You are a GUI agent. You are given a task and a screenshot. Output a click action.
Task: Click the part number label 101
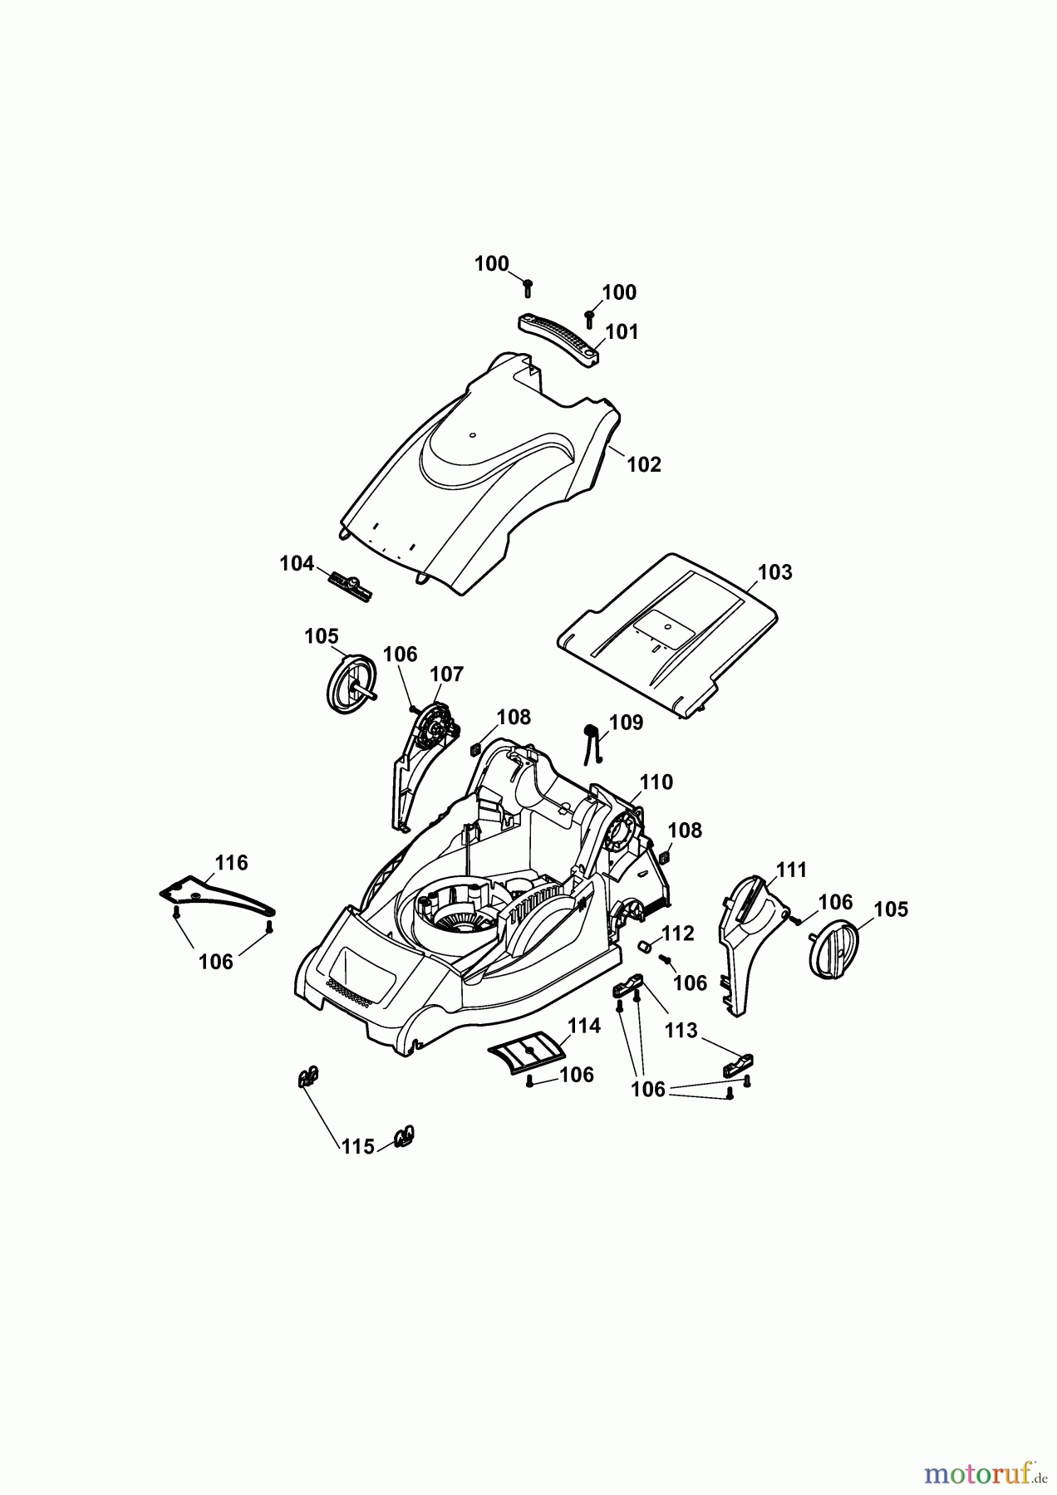(622, 332)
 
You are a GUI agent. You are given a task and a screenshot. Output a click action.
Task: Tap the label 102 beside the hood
(643, 464)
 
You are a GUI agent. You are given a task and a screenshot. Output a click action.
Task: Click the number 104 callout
(296, 564)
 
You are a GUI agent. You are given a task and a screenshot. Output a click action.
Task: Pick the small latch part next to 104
(352, 586)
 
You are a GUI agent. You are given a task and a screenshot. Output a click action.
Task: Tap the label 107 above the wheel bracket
(446, 674)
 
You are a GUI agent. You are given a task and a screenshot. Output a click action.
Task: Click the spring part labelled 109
(592, 741)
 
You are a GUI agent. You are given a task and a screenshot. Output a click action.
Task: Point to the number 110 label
(656, 782)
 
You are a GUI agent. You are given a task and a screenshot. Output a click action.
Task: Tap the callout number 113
(681, 1031)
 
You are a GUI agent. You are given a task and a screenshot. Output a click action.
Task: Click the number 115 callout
(357, 1146)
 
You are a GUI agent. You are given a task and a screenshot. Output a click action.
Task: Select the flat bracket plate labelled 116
(218, 895)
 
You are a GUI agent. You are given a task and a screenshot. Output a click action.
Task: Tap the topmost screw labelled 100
(527, 287)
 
